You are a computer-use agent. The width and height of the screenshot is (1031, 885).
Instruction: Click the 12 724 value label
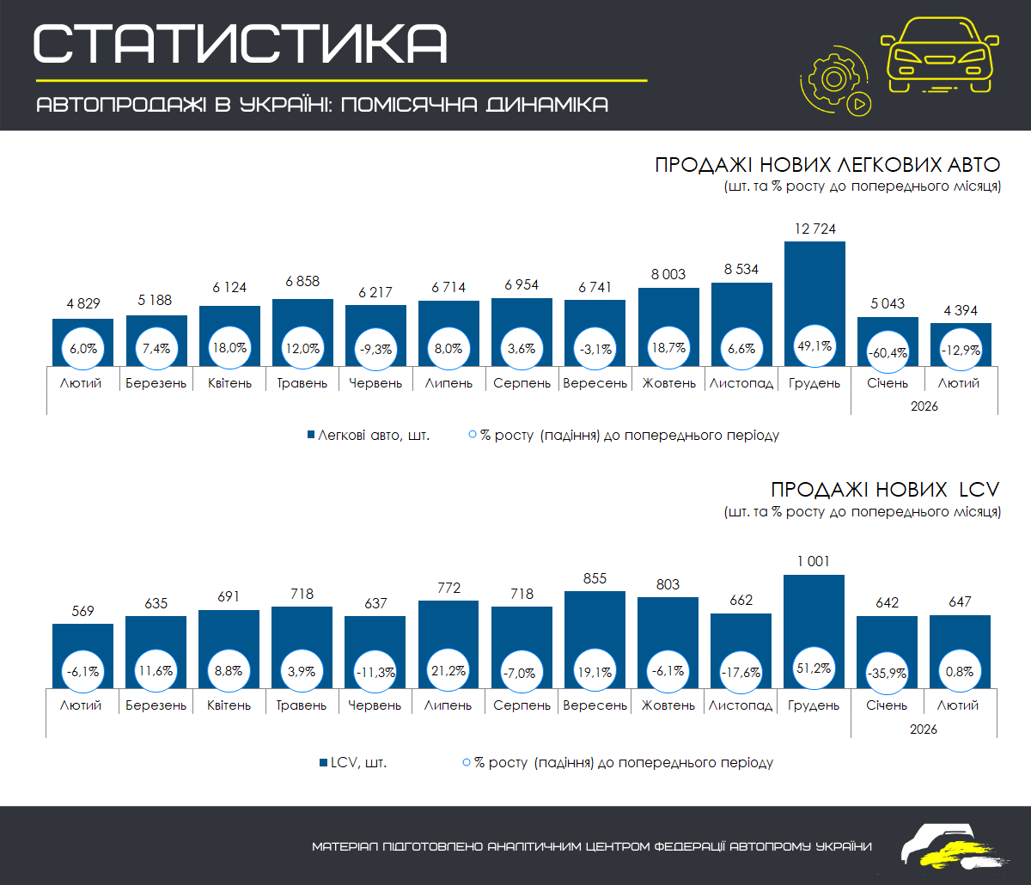(814, 229)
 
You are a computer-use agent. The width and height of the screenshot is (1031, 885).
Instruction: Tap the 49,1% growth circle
(814, 348)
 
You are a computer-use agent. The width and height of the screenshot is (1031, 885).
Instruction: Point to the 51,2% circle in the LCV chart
(814, 668)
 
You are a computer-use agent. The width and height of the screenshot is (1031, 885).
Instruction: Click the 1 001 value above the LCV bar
(814, 561)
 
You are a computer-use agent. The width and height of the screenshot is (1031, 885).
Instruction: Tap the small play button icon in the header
(858, 105)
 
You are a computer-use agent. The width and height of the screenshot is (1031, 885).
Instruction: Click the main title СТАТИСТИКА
(241, 43)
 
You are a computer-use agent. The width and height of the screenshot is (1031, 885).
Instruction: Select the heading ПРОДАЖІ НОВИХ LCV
(885, 490)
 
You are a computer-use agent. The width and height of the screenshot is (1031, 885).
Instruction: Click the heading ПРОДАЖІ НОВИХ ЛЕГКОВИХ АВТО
(827, 165)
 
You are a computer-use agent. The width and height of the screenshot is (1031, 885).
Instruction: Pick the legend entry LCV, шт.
(352, 762)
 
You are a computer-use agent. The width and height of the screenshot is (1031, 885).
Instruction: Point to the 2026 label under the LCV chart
(924, 729)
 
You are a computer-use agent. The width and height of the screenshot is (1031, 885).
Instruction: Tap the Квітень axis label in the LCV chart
(229, 705)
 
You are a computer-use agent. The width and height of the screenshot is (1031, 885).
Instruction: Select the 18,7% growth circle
(668, 348)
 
